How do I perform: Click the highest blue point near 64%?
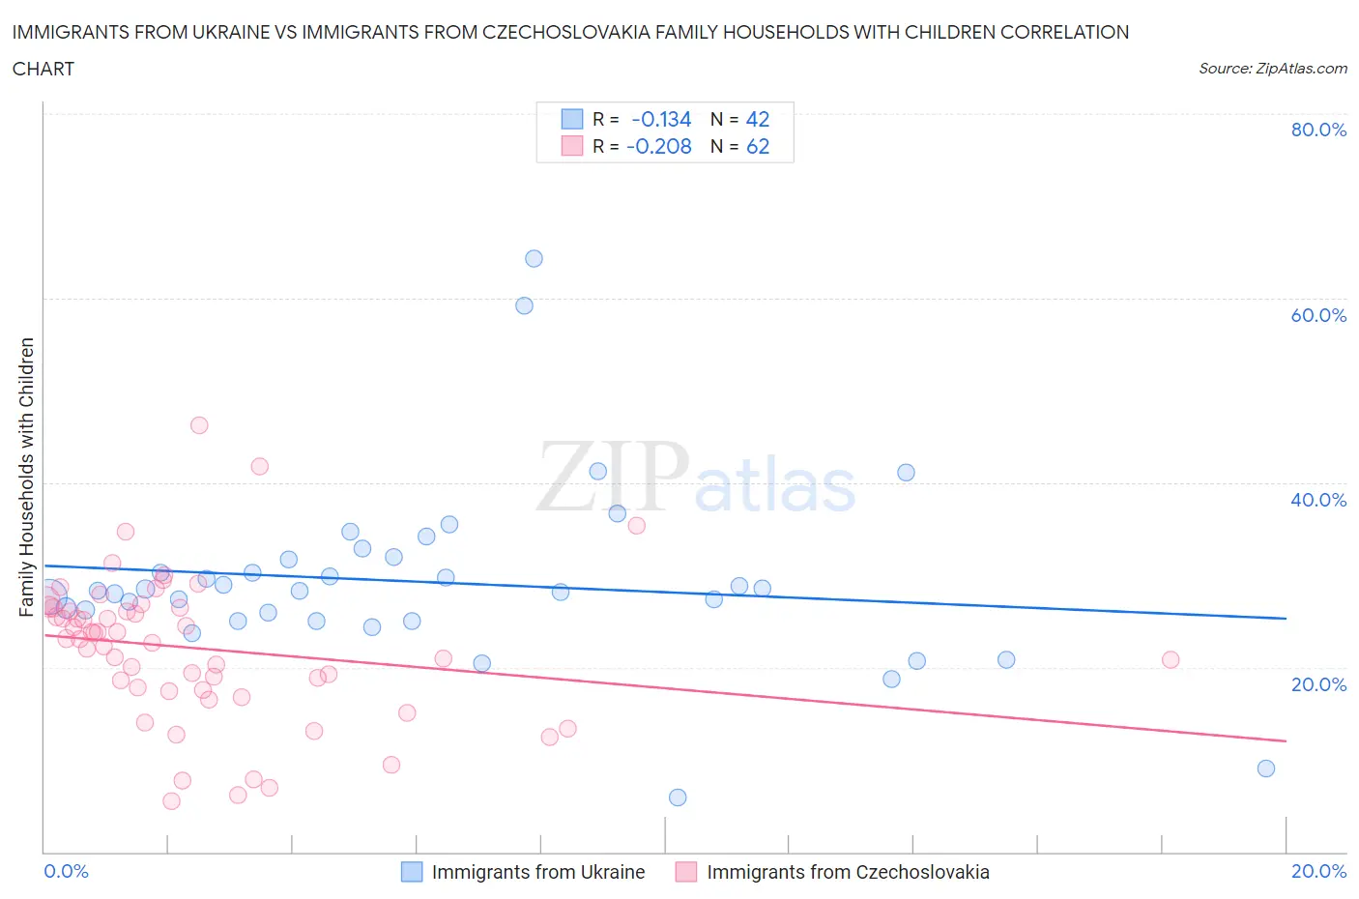coord(534,259)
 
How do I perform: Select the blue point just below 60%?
coord(524,305)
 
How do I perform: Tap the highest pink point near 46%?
coord(199,425)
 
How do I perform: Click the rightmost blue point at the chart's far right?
coord(1266,768)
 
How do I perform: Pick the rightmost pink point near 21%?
coord(1171,660)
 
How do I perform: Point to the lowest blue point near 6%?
coord(678,797)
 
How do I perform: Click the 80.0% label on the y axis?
coord(1318,130)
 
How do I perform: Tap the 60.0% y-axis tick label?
coord(1318,315)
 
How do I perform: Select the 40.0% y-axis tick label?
coord(1318,500)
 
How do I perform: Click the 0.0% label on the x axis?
coord(66,872)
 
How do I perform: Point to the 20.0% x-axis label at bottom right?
coord(1318,872)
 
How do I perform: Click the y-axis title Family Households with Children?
coord(26,477)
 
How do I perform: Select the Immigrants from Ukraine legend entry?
coord(537,872)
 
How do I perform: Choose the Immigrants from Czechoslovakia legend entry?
coord(847,872)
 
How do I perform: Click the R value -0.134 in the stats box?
coord(661,120)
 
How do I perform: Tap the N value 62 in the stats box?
coord(758,147)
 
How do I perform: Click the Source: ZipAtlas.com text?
coord(1272,69)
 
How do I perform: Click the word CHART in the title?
coord(43,69)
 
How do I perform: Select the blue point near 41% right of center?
coord(906,473)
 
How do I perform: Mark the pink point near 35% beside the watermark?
coord(636,526)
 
